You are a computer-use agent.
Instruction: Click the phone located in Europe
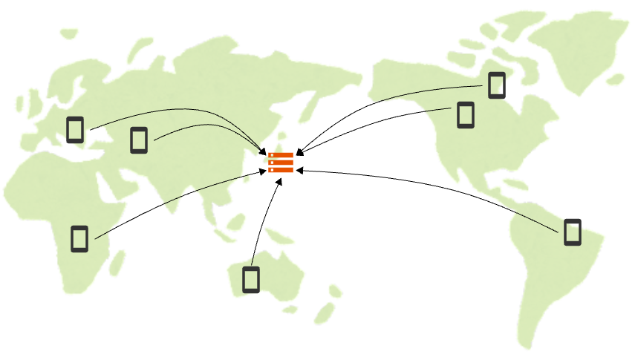(x=74, y=129)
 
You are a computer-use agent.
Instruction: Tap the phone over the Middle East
(x=139, y=140)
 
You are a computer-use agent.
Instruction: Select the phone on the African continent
(x=79, y=238)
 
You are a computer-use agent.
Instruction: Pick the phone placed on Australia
(x=251, y=279)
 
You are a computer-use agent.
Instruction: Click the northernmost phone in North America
(x=496, y=85)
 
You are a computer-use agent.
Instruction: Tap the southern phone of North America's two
(x=465, y=115)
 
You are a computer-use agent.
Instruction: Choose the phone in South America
(x=572, y=232)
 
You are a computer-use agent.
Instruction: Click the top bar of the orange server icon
(x=281, y=154)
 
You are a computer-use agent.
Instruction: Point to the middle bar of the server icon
(x=281, y=162)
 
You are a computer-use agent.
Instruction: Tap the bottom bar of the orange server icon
(x=281, y=169)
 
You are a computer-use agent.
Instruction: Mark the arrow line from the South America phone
(x=446, y=184)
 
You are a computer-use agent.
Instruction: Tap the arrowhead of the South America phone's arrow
(x=299, y=171)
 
